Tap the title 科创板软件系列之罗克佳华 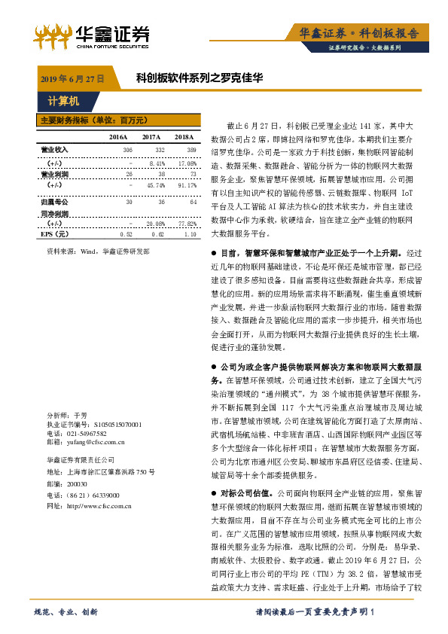coord(199,78)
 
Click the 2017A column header coord(151,137)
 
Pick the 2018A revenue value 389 coord(190,151)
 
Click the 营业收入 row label coord(54,151)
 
